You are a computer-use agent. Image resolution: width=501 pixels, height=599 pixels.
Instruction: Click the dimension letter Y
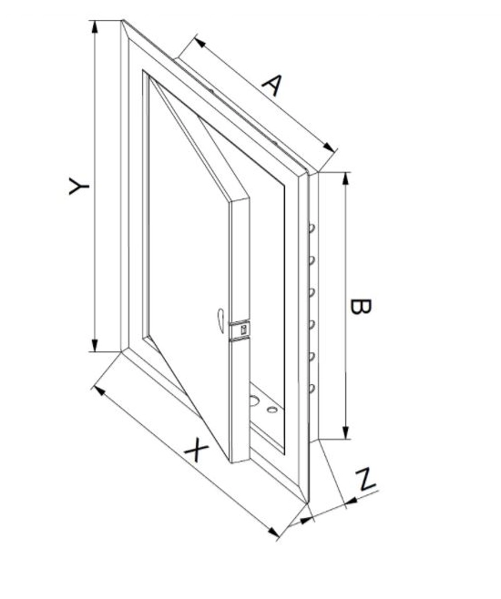pos(78,186)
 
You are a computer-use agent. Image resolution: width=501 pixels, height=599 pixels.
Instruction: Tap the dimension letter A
pos(273,85)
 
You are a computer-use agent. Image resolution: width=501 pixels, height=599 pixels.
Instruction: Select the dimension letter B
pos(361,307)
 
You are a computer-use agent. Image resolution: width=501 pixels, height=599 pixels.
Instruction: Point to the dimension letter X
pos(197,450)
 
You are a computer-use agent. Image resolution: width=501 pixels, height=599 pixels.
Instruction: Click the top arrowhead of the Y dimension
pos(95,26)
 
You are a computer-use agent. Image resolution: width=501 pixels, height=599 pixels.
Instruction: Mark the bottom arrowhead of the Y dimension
pos(95,345)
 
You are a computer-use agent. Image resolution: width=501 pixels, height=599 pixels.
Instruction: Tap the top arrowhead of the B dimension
pos(346,178)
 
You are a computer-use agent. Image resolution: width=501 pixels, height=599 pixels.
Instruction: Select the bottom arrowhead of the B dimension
pos(346,432)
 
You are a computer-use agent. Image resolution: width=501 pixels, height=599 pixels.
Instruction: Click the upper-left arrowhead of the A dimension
pos(200,43)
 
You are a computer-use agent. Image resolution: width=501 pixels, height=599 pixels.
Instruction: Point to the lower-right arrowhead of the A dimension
pos(329,147)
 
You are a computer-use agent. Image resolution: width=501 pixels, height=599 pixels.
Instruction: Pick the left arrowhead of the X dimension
pos(99,391)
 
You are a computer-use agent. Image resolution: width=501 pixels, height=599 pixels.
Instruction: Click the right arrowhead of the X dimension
pos(273,533)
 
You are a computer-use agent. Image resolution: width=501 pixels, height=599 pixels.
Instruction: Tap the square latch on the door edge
pos(243,330)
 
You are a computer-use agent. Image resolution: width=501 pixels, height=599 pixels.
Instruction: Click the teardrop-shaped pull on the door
pos(220,320)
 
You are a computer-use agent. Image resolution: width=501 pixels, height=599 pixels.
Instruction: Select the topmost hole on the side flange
pos(312,228)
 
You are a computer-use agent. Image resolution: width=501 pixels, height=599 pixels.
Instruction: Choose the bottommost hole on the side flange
pos(312,389)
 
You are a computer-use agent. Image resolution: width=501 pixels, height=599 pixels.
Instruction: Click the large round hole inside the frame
pos(253,401)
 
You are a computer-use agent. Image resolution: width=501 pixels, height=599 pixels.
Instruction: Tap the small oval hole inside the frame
pos(272,410)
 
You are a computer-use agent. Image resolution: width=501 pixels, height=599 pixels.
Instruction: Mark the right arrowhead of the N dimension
pos(351,501)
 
